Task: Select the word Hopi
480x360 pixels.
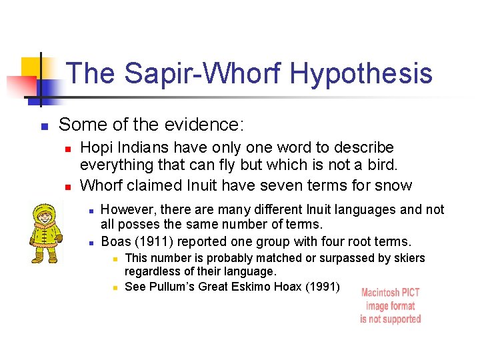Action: click(x=96, y=147)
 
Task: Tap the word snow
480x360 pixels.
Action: click(x=397, y=185)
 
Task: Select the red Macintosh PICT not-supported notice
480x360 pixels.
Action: click(x=391, y=306)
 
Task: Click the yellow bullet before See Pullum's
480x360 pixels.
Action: click(x=114, y=287)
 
